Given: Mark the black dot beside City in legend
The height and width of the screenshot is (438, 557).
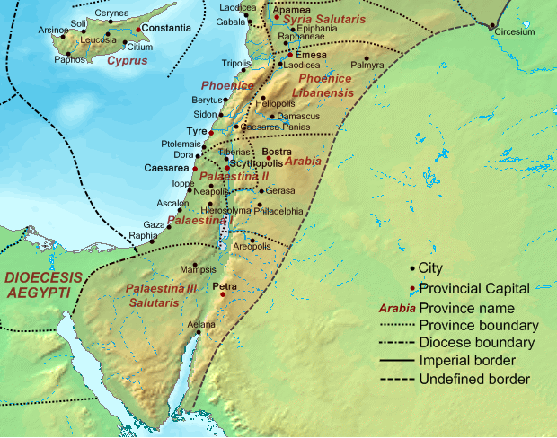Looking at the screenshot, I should click(412, 268).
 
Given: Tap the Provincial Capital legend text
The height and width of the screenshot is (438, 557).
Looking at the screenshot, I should click(473, 287).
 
